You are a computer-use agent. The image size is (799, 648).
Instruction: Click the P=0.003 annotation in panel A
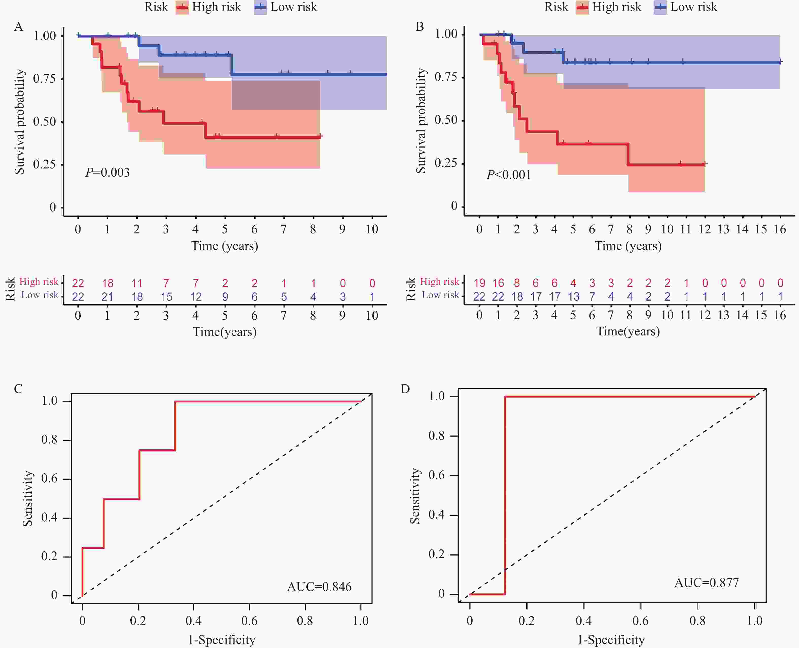108,173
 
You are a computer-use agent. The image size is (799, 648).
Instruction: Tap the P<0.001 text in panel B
508,175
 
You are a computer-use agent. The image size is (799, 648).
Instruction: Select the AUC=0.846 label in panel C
319,587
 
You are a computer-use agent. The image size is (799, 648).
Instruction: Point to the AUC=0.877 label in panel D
706,583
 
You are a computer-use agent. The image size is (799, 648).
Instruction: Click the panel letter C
18,389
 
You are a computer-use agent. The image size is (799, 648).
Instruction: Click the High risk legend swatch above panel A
182,7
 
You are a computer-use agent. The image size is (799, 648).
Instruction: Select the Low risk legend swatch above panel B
660,7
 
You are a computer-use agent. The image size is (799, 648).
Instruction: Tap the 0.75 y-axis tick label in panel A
44,79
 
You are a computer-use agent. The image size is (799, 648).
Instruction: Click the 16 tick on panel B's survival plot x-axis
779,229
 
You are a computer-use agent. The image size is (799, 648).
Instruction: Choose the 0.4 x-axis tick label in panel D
583,621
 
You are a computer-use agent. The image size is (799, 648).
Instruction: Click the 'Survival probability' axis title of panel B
421,121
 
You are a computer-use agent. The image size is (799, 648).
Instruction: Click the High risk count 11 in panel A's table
136,283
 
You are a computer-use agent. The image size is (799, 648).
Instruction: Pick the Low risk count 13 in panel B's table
573,297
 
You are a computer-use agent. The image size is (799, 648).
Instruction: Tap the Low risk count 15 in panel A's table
166,297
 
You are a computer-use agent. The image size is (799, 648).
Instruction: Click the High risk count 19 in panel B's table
479,283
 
